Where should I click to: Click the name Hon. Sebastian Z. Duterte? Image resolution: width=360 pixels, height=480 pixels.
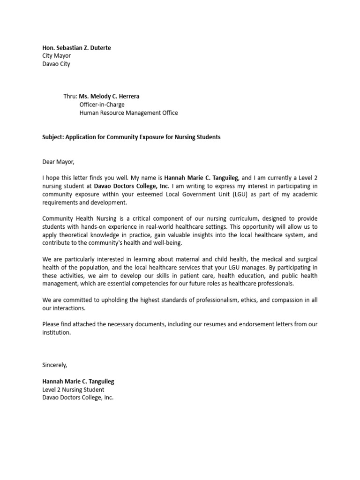click(x=76, y=48)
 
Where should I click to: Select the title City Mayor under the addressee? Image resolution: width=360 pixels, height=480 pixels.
click(x=56, y=56)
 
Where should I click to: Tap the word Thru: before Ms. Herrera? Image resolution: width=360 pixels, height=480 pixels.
click(x=71, y=97)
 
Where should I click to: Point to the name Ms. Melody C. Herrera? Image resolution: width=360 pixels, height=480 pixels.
click(x=109, y=97)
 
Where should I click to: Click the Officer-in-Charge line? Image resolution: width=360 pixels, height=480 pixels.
click(x=102, y=105)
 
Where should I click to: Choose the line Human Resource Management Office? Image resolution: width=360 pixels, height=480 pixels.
click(x=128, y=113)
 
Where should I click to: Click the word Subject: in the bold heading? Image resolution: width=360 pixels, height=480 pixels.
click(x=53, y=137)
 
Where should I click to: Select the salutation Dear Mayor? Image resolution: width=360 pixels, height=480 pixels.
click(x=59, y=162)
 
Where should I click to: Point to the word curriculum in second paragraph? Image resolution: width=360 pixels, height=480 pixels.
click(x=249, y=219)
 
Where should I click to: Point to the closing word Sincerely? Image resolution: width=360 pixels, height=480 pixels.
click(x=55, y=365)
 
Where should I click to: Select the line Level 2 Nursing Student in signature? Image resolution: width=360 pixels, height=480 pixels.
click(x=73, y=390)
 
